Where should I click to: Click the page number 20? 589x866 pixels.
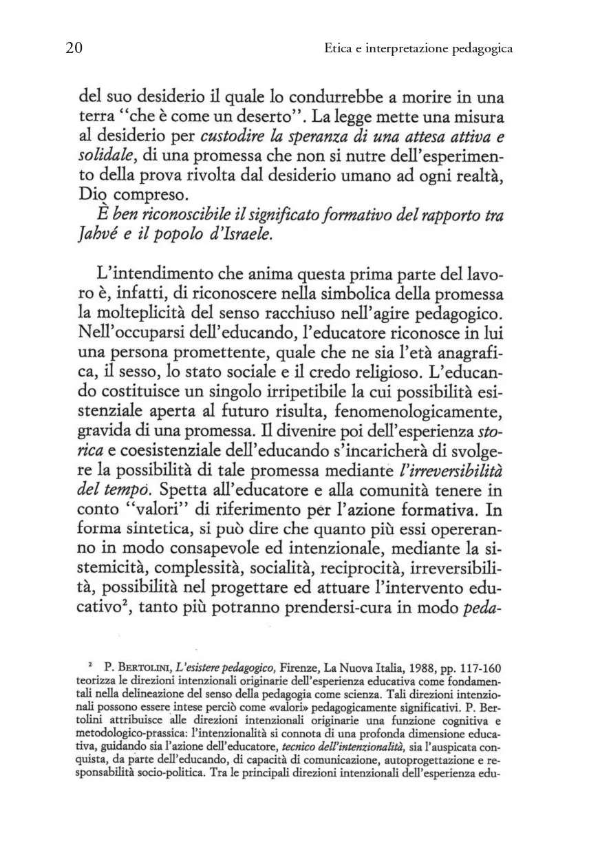pos(74,48)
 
